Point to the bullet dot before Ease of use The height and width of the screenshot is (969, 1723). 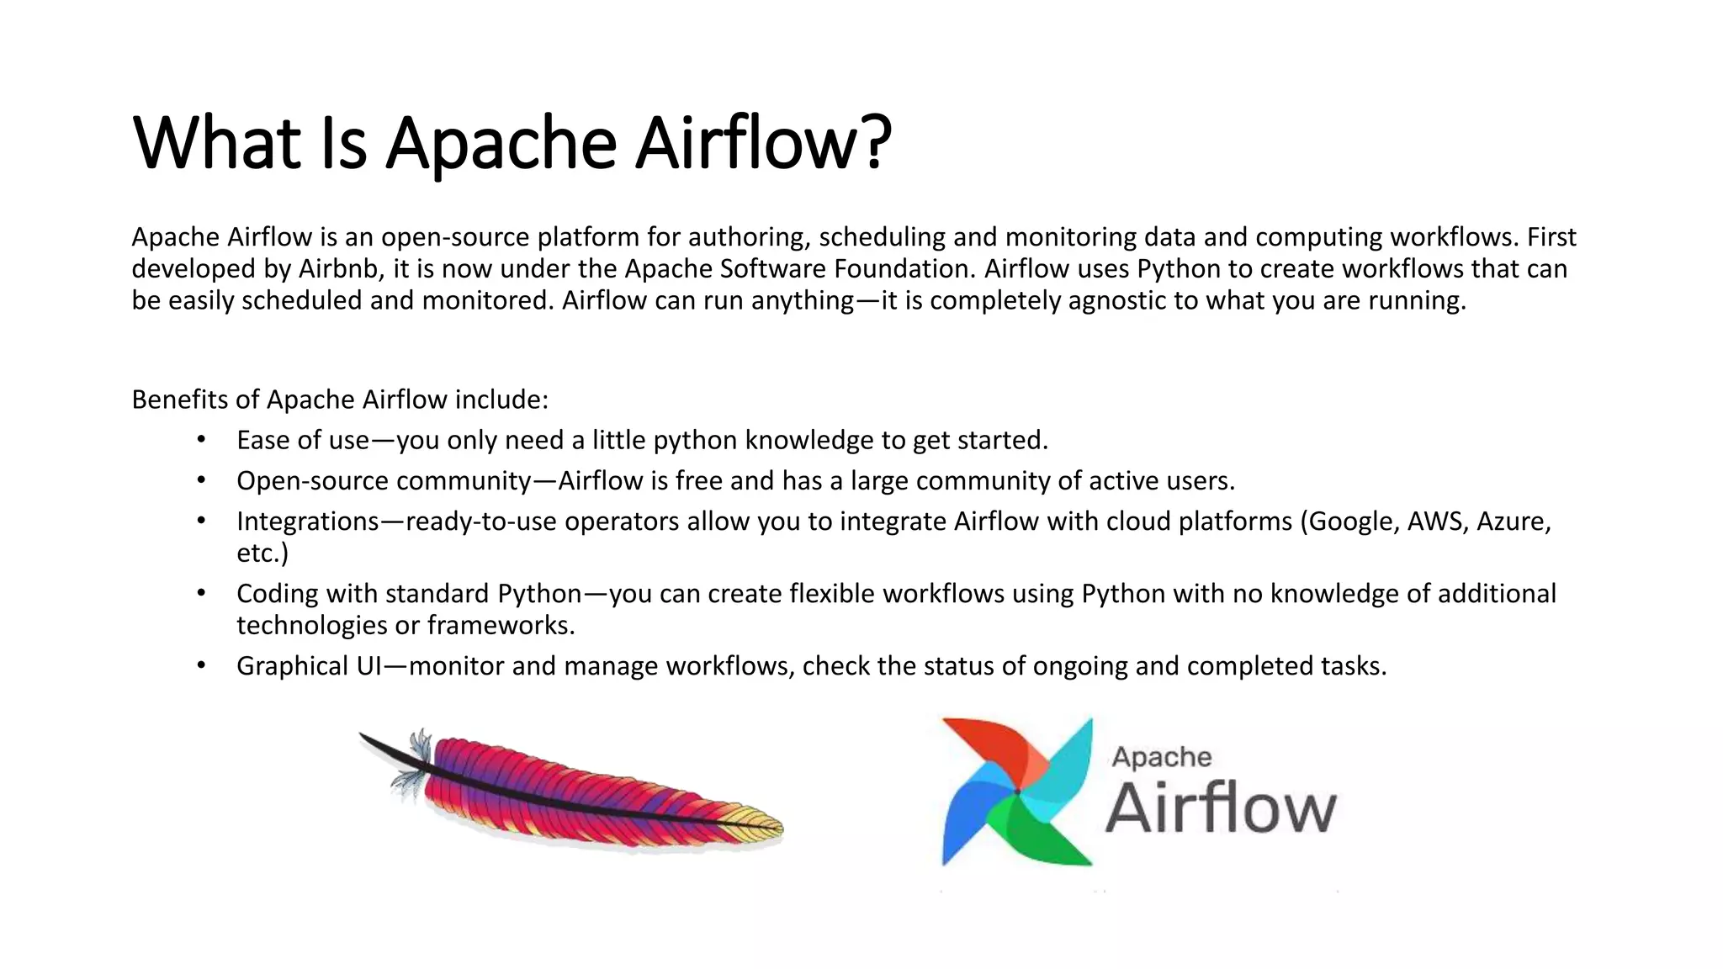[x=201, y=439]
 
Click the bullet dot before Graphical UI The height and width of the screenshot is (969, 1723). [x=201, y=665]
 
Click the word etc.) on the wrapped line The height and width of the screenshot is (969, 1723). [x=262, y=553]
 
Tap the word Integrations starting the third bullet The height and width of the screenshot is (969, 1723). [x=308, y=522]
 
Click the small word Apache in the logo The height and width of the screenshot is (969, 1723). [x=1161, y=757]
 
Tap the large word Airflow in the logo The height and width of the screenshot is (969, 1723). [x=1220, y=808]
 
